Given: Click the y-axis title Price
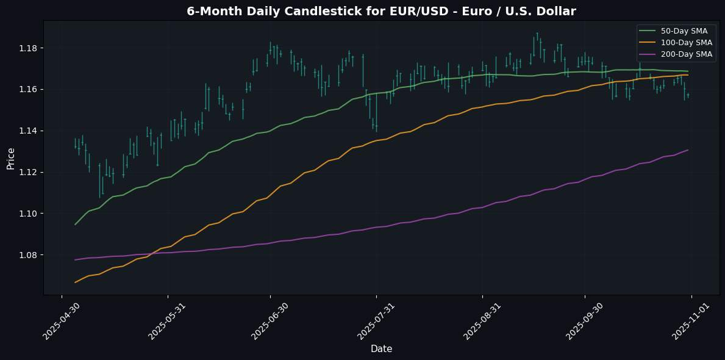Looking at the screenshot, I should (x=10, y=157).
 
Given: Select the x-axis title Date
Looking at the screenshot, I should (x=381, y=349).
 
